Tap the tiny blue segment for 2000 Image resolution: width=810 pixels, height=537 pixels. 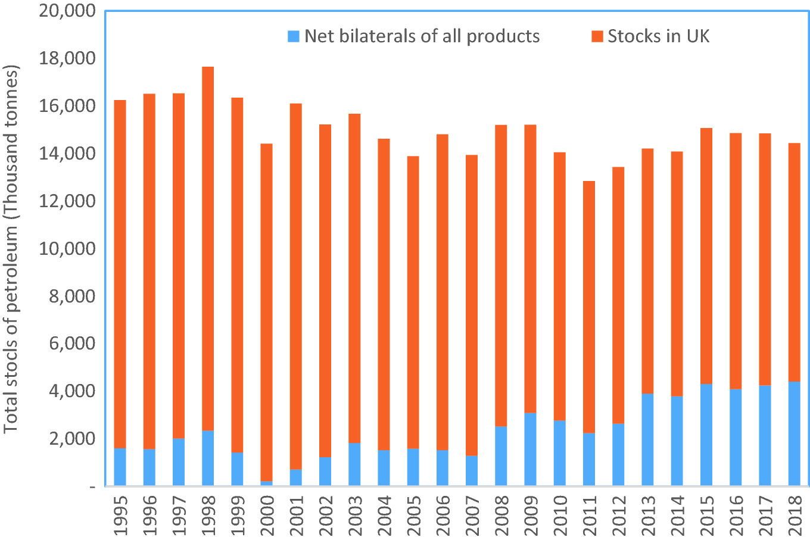click(266, 483)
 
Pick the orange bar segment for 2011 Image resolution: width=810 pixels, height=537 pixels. click(588, 307)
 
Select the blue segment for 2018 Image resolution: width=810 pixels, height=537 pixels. click(794, 433)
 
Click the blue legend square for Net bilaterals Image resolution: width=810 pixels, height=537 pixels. click(294, 36)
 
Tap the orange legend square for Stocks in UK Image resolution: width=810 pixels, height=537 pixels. click(597, 36)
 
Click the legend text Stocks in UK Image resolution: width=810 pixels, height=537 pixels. click(658, 36)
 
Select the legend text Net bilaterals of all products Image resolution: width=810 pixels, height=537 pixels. click(422, 36)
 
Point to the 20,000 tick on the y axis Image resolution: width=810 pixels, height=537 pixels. click(67, 11)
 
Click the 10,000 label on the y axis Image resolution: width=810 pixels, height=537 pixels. click(67, 248)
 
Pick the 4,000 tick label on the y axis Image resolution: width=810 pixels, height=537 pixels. click(70, 391)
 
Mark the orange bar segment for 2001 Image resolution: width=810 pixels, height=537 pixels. click(295, 286)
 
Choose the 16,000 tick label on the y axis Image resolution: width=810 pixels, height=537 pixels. click(67, 106)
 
